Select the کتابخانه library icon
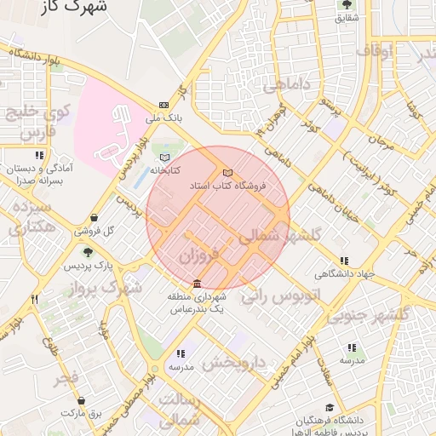(x=164, y=158)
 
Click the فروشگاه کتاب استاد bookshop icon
(x=227, y=173)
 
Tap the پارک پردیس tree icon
(x=87, y=251)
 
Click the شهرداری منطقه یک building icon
(x=197, y=284)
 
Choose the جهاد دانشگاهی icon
(x=344, y=261)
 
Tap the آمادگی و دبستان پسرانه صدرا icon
(x=39, y=155)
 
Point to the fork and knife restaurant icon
(x=34, y=299)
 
